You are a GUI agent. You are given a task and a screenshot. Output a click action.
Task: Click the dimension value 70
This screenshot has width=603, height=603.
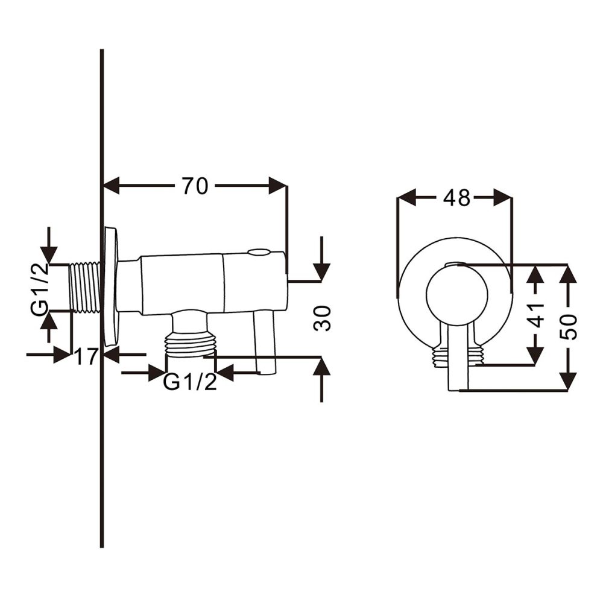(195, 186)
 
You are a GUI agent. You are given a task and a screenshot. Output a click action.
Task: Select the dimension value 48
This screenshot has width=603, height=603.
(456, 197)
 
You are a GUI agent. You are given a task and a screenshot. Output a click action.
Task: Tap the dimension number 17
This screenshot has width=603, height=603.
(86, 356)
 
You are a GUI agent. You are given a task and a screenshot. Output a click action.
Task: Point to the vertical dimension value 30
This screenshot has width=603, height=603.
(323, 318)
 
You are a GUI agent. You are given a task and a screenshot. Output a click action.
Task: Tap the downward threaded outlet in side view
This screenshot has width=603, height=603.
(191, 344)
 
